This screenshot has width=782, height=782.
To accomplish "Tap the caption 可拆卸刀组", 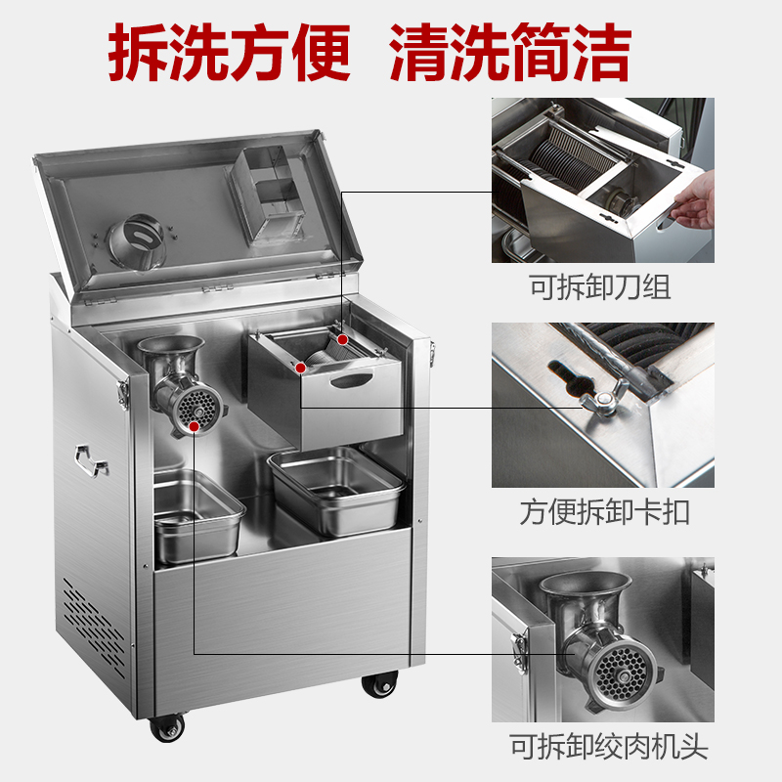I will pos(600,288).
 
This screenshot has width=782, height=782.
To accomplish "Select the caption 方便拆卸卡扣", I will pos(602,512).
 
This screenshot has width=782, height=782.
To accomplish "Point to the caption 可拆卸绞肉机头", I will pos(602,749).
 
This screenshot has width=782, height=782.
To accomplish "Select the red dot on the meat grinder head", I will pos(196,425).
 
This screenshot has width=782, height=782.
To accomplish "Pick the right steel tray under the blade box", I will pos(335,489).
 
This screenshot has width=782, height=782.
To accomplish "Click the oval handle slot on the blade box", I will pos(352,378).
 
